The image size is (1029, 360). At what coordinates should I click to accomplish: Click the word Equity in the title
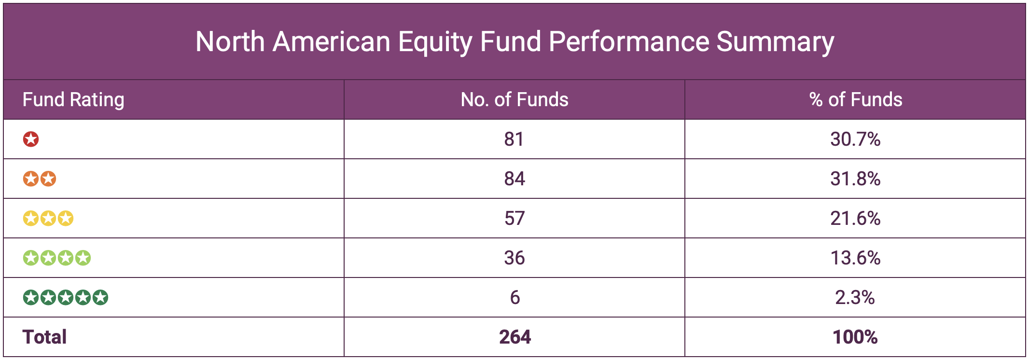pyautogui.click(x=435, y=42)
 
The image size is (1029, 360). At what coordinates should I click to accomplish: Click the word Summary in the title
pyautogui.click(x=775, y=42)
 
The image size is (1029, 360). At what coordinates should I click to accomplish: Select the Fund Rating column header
pyautogui.click(x=73, y=99)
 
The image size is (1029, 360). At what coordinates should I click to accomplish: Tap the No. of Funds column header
pyautogui.click(x=514, y=99)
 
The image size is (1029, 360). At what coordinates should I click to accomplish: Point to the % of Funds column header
pyautogui.click(x=855, y=99)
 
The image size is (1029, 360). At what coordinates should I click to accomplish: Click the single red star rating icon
pyautogui.click(x=31, y=139)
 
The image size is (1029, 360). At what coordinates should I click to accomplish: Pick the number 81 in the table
pyautogui.click(x=514, y=139)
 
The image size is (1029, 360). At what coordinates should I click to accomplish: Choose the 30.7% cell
pyautogui.click(x=855, y=139)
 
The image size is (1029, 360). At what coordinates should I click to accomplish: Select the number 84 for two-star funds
pyautogui.click(x=514, y=179)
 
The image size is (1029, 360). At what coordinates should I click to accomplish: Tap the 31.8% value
pyautogui.click(x=855, y=179)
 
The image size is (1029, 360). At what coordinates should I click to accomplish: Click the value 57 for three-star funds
pyautogui.click(x=514, y=219)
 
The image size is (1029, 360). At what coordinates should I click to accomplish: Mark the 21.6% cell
pyautogui.click(x=855, y=219)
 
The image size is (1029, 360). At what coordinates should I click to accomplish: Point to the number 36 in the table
pyautogui.click(x=514, y=258)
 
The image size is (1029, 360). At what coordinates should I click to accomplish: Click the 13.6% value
pyautogui.click(x=855, y=258)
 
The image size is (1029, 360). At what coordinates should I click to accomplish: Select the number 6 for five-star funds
pyautogui.click(x=514, y=298)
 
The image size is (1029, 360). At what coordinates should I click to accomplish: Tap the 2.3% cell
pyautogui.click(x=855, y=298)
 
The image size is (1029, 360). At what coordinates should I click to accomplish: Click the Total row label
pyautogui.click(x=44, y=337)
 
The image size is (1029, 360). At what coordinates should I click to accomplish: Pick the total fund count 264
pyautogui.click(x=514, y=337)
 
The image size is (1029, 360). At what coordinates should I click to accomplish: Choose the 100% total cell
pyautogui.click(x=855, y=337)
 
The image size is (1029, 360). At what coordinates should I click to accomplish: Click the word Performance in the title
pyautogui.click(x=628, y=42)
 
